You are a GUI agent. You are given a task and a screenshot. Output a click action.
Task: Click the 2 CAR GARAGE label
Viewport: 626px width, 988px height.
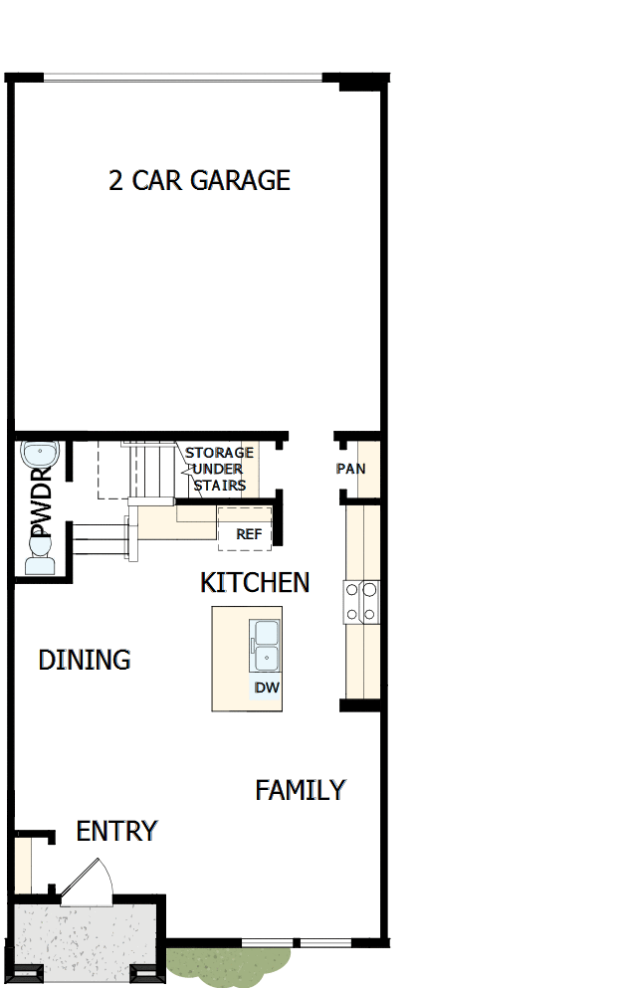[x=199, y=180]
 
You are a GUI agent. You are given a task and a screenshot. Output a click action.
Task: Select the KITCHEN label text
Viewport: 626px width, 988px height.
[x=255, y=582]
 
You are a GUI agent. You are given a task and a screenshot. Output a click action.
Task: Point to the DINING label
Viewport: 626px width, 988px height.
[x=85, y=660]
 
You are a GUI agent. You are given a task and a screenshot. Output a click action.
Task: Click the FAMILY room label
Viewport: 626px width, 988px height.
[x=301, y=790]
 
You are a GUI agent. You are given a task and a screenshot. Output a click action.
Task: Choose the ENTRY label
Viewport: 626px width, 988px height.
[x=116, y=831]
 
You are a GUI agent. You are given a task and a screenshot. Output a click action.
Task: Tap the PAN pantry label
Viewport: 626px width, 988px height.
[x=350, y=468]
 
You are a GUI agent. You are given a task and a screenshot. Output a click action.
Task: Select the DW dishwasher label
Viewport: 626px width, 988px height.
[x=266, y=688]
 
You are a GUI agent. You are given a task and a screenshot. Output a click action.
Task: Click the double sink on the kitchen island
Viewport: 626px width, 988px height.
[x=266, y=646]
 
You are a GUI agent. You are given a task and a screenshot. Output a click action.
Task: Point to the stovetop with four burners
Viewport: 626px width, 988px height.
[x=361, y=602]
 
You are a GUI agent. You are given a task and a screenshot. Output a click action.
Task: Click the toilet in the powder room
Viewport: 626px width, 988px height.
[x=40, y=563]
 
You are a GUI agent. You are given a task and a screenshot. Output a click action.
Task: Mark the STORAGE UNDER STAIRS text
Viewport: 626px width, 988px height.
[x=219, y=469]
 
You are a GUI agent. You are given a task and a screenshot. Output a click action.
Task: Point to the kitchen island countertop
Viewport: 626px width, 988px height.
[x=232, y=657]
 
